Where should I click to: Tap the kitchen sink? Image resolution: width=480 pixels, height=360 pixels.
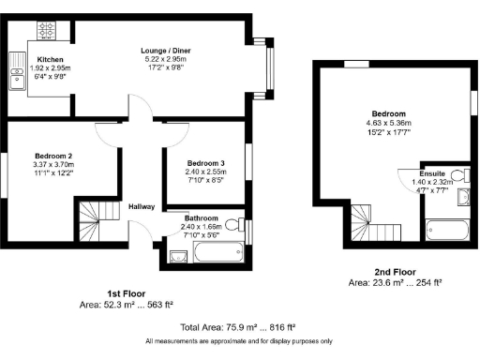[16, 79]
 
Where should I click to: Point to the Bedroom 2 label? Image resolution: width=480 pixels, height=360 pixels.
[53, 155]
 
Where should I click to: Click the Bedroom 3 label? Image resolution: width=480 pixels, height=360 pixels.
[206, 160]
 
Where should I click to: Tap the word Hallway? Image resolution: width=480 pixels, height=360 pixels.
[142, 209]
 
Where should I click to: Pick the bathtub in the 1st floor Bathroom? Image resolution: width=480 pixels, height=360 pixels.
[218, 253]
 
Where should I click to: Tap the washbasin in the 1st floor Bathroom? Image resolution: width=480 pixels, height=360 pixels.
[176, 256]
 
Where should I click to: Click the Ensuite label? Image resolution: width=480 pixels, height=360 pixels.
[432, 173]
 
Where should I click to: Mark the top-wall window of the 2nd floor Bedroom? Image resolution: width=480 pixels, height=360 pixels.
[356, 63]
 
